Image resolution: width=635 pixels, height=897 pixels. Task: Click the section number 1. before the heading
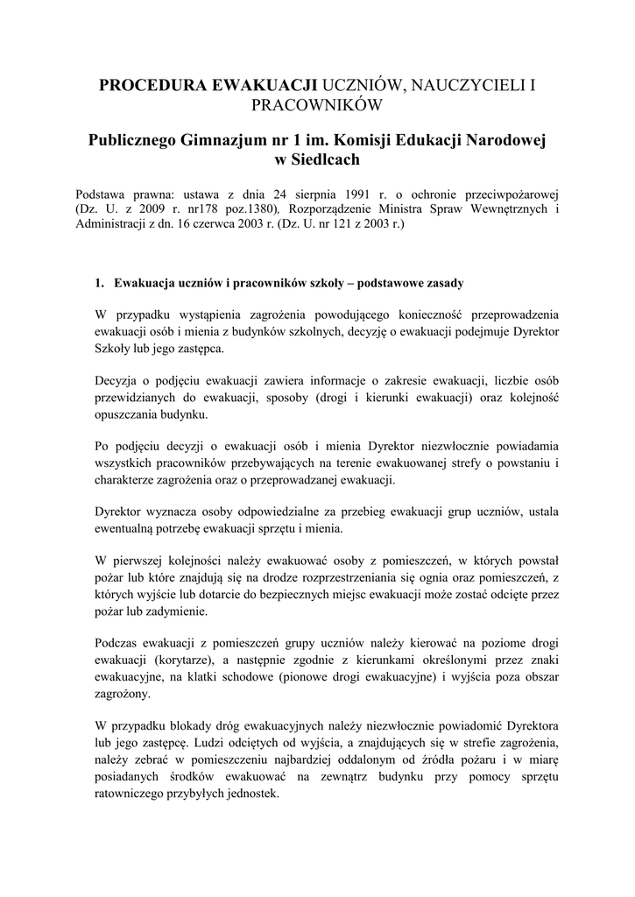100,284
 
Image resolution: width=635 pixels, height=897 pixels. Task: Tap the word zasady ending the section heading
442,284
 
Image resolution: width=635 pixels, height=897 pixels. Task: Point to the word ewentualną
131,529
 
